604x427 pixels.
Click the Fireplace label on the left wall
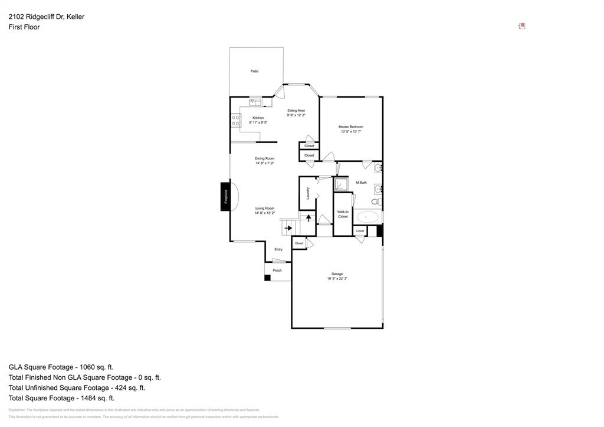coord(225,197)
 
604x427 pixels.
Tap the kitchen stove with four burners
coord(236,120)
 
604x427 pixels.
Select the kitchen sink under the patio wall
coord(255,103)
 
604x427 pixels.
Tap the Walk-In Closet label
coord(343,214)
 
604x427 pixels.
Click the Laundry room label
coord(308,193)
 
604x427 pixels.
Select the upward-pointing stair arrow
coord(308,218)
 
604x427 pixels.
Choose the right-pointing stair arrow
coord(288,227)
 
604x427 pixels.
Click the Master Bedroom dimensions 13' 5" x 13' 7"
coord(351,132)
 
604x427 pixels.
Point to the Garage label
coord(337,273)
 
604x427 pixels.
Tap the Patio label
coord(254,71)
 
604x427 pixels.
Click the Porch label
coord(277,270)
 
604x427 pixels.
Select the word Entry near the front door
coord(278,249)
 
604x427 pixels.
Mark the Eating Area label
coord(296,110)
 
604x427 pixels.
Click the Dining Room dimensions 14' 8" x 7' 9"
coord(265,164)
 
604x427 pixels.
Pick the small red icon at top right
coord(522,26)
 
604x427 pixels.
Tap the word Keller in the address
coord(75,17)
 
